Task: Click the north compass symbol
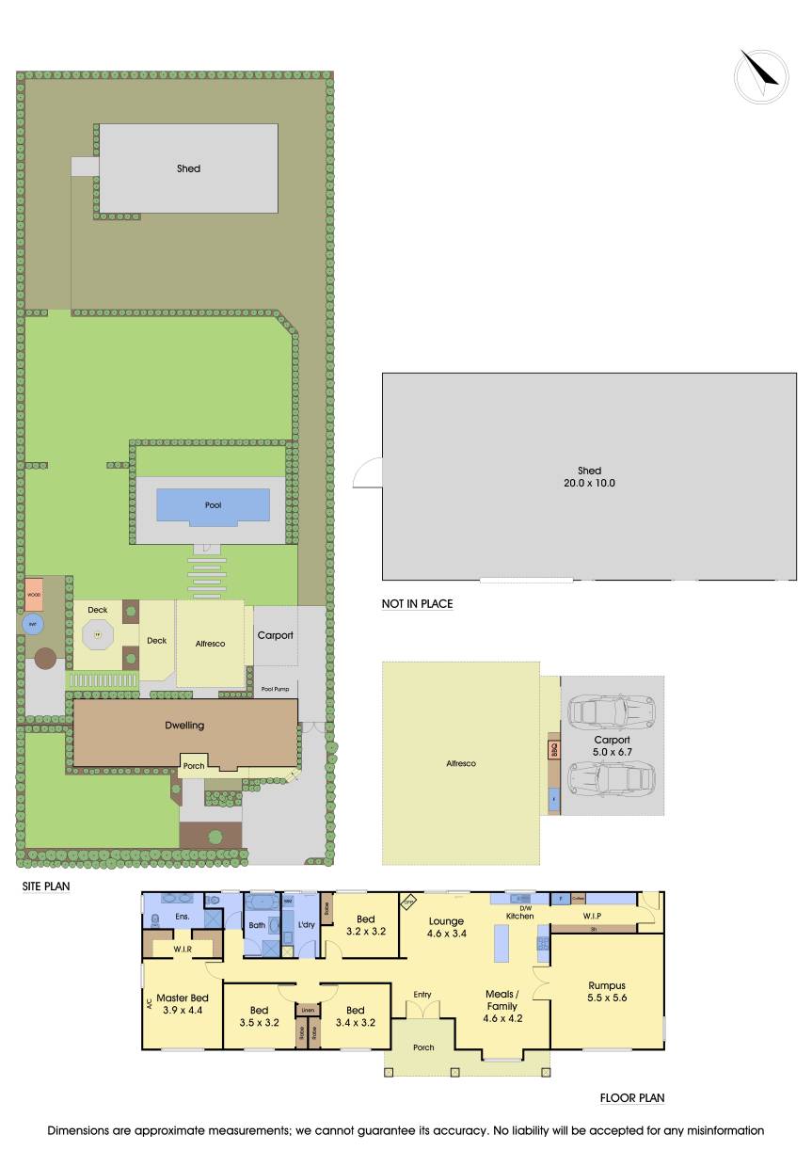(x=761, y=75)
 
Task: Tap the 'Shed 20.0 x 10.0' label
(x=589, y=476)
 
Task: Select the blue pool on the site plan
(x=213, y=505)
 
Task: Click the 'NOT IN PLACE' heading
(x=418, y=604)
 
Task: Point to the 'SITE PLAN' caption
(x=46, y=886)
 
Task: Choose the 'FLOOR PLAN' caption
(x=633, y=1097)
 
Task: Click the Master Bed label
(x=183, y=1003)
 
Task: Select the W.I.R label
(x=182, y=950)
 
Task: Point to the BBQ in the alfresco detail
(x=553, y=751)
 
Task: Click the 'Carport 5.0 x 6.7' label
(x=612, y=745)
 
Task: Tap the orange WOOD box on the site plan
(x=35, y=595)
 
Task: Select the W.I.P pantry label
(x=593, y=915)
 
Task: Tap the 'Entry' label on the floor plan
(x=422, y=994)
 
